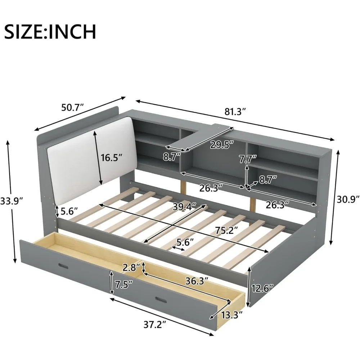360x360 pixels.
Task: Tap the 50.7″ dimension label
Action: click(72, 107)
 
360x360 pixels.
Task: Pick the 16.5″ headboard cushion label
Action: click(110, 157)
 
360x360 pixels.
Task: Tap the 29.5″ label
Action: click(222, 145)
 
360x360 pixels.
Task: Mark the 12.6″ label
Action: click(262, 288)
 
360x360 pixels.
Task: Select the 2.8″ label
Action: click(131, 267)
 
